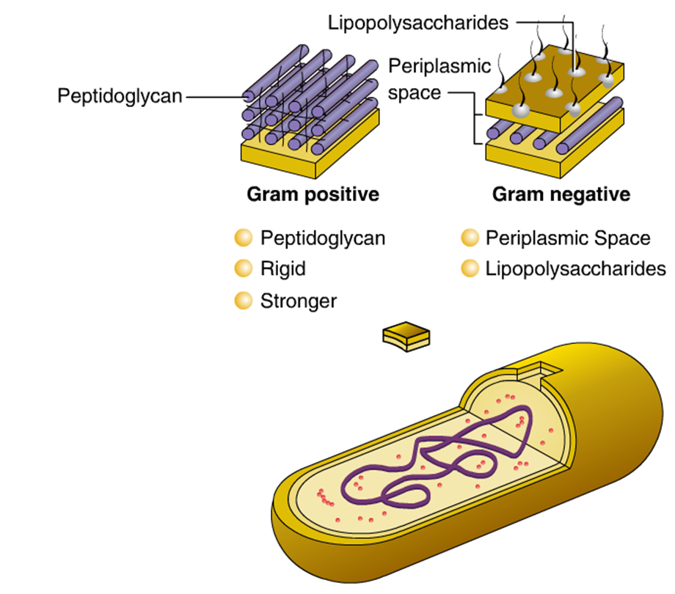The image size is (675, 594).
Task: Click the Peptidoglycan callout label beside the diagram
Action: point(120,96)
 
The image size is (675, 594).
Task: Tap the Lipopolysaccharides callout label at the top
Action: point(418,23)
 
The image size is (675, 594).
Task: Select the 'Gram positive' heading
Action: point(313,194)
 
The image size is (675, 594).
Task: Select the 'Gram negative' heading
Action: point(561,194)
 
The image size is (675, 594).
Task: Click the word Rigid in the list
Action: point(283,269)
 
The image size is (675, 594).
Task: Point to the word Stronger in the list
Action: point(299,301)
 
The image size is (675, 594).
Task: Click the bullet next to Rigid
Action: point(242,269)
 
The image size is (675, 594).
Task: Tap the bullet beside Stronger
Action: point(242,301)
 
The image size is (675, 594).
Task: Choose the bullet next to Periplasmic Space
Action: point(469,238)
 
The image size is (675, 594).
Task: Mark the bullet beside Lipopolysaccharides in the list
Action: point(469,269)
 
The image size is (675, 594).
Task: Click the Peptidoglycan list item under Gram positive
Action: point(323,238)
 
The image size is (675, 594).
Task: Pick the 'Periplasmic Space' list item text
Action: point(567,238)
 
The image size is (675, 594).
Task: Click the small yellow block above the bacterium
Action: point(406,336)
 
